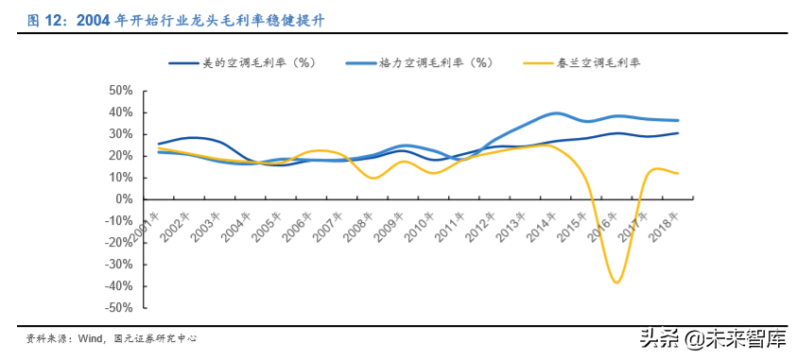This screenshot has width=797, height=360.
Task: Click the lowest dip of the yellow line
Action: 616,283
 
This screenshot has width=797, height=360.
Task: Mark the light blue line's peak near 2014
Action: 557,113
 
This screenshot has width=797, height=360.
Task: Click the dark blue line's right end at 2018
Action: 678,133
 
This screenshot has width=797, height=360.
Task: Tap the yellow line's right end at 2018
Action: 678,173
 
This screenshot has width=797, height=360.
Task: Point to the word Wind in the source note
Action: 89,337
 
